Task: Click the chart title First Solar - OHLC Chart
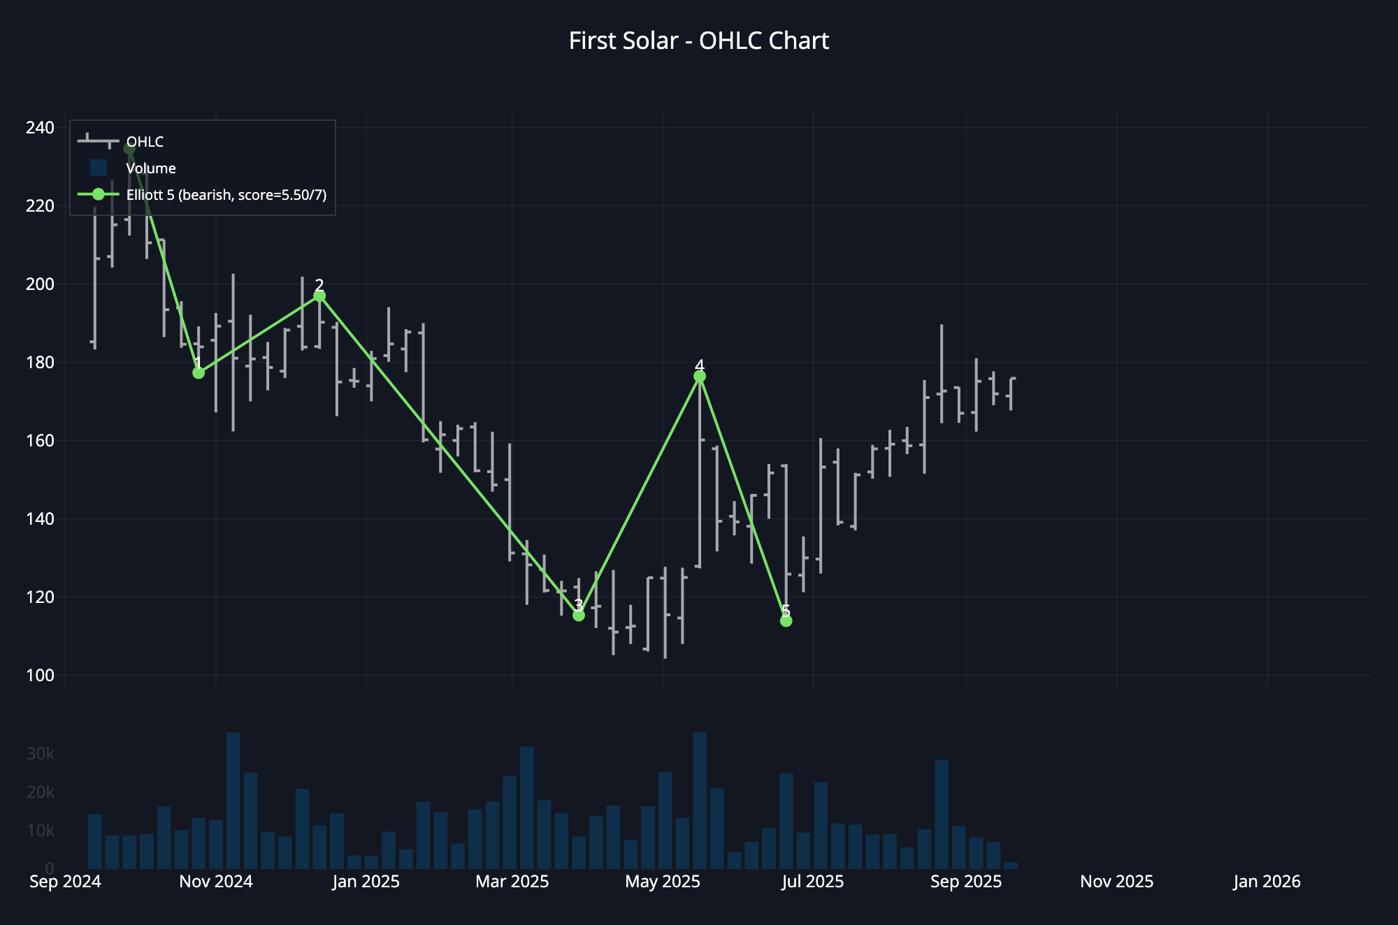[698, 41]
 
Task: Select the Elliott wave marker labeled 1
[199, 373]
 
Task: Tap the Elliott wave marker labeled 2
[319, 296]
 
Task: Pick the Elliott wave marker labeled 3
[579, 616]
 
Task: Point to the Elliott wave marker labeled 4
[700, 377]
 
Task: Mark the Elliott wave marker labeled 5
[786, 621]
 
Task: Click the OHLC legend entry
[145, 142]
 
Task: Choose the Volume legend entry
[150, 168]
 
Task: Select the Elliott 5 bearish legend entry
[226, 195]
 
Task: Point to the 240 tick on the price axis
[40, 128]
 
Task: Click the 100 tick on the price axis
[40, 676]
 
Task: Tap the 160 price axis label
[40, 441]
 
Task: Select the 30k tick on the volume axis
[40, 754]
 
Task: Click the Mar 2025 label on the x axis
[512, 882]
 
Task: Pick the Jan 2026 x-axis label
[1267, 882]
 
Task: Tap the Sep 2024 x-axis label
[65, 882]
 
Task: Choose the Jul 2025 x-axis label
[812, 882]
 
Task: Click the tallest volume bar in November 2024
[233, 800]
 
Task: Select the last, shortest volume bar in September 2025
[1011, 866]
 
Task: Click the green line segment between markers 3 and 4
[639, 496]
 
